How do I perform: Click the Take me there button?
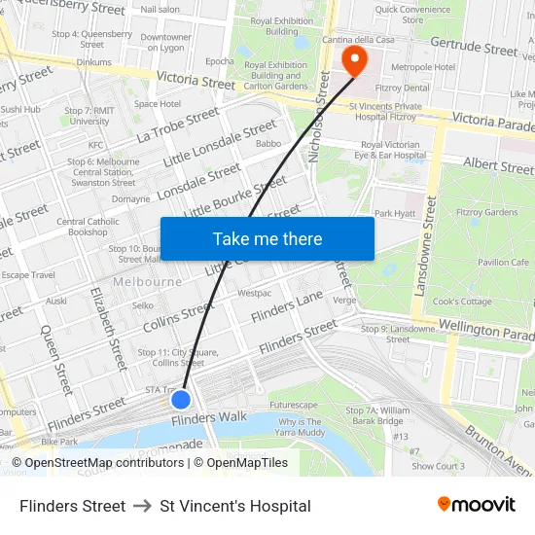(x=267, y=238)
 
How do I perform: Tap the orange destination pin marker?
(x=355, y=60)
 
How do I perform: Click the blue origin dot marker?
(x=181, y=399)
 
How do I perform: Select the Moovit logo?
(x=477, y=505)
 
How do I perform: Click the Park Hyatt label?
(x=395, y=213)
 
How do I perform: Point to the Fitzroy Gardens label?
(x=487, y=212)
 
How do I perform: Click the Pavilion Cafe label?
(x=502, y=262)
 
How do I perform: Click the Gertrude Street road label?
(x=474, y=48)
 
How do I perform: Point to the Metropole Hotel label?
(x=422, y=67)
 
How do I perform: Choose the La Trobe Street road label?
(x=178, y=125)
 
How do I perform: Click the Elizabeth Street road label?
(x=107, y=327)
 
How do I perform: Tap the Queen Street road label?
(x=54, y=359)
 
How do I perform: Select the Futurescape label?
(x=293, y=404)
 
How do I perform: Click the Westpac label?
(x=254, y=292)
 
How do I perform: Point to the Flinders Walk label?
(x=209, y=418)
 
